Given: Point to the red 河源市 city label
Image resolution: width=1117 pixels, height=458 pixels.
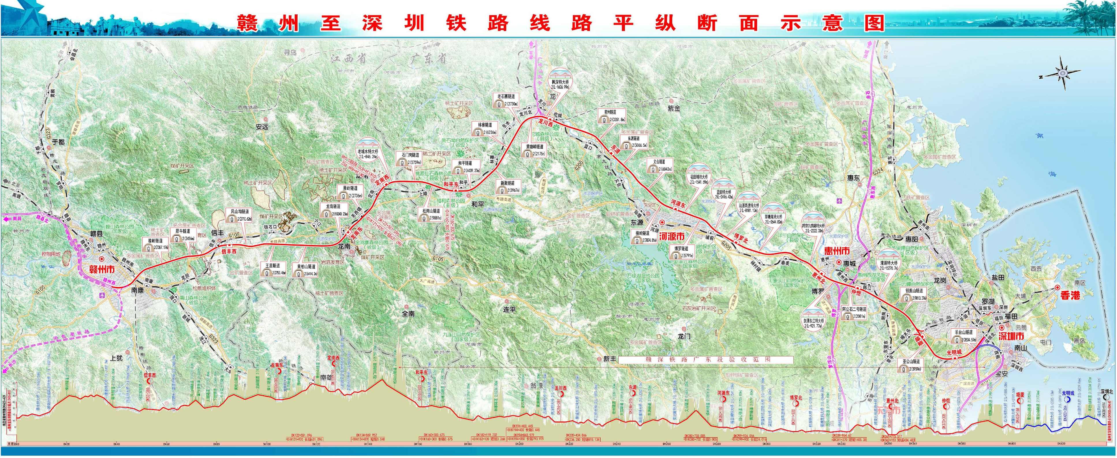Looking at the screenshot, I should [671, 237].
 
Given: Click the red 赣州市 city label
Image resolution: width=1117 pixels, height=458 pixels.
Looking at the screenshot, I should [102, 269].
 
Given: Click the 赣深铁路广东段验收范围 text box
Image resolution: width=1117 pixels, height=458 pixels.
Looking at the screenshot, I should [705, 360].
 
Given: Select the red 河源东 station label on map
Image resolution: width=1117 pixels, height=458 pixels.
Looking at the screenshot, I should [678, 202].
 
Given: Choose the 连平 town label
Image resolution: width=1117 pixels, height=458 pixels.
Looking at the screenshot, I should [509, 310].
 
